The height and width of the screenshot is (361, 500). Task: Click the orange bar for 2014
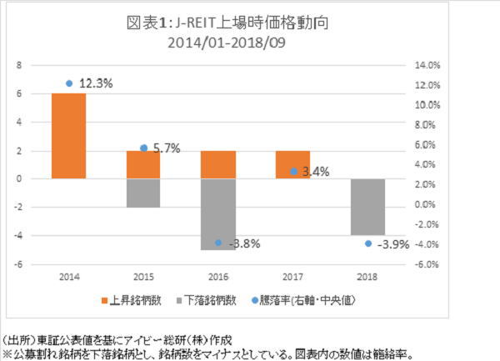click(68, 136)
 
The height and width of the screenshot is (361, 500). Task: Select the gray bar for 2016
click(218, 214)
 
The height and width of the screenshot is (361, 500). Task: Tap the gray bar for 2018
click(368, 207)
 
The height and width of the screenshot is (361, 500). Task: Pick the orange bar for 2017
click(293, 164)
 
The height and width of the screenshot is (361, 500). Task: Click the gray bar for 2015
click(143, 193)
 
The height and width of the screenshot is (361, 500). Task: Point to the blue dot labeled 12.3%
click(68, 83)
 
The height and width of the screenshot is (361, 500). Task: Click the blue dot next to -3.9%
click(368, 243)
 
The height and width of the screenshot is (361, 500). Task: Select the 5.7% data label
click(165, 148)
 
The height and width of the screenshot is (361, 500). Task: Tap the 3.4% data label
click(315, 172)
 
